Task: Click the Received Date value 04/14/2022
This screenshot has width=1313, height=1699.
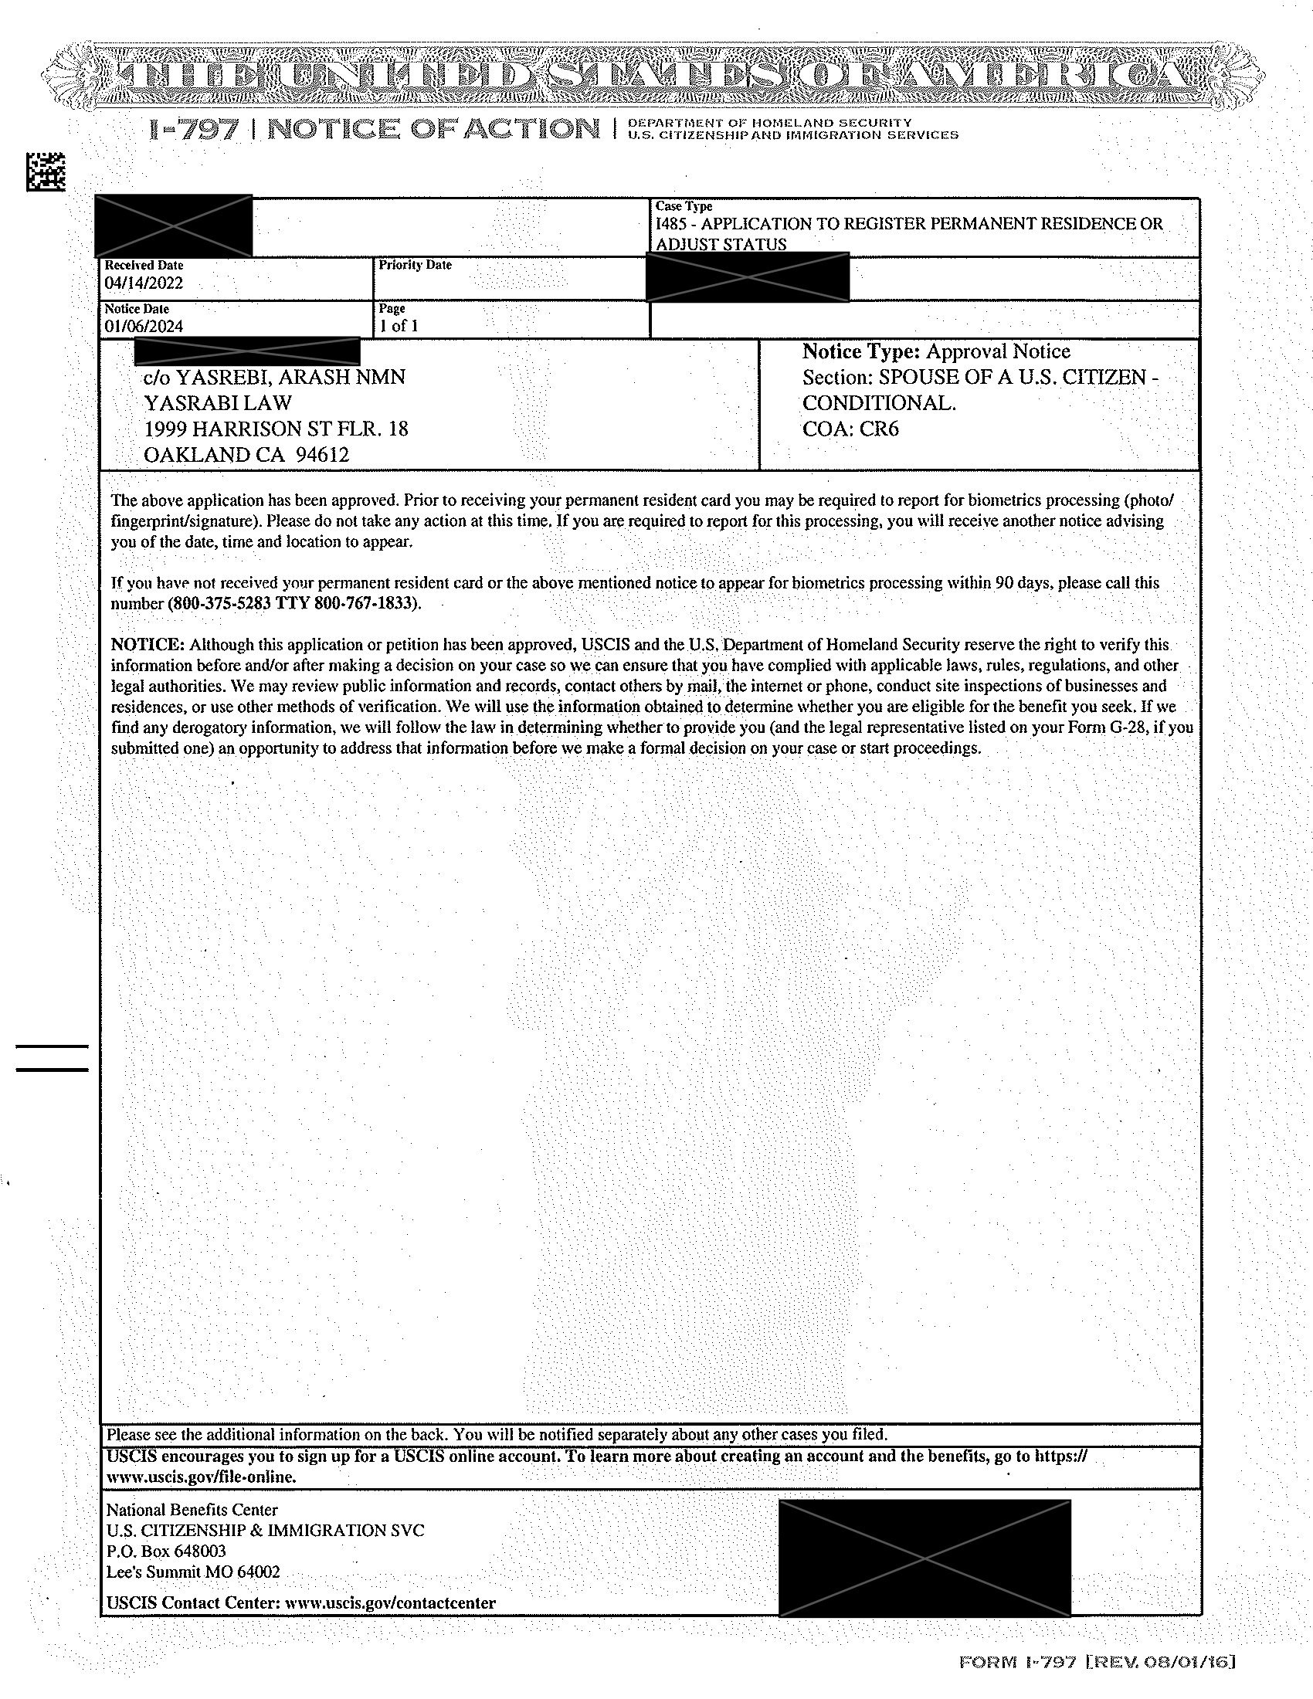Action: point(144,283)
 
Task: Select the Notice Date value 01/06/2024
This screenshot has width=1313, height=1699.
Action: point(144,327)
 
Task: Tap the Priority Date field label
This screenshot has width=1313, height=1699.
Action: point(415,265)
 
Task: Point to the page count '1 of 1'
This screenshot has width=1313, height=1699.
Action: point(399,327)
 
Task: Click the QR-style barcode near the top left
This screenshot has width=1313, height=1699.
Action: point(46,172)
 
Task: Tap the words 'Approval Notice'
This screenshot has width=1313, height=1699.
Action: point(998,352)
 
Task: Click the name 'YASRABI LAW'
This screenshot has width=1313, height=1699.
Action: point(218,403)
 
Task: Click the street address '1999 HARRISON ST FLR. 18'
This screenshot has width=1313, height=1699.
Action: point(277,429)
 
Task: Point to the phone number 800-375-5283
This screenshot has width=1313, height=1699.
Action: point(220,604)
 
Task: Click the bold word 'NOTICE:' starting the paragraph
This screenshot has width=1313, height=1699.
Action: point(148,645)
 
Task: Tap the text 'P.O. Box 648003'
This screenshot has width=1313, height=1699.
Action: point(166,1551)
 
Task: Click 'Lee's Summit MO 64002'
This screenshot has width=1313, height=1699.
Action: point(193,1572)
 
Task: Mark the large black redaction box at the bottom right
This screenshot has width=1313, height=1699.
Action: point(924,1559)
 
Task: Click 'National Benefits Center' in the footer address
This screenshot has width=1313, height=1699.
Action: point(192,1510)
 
